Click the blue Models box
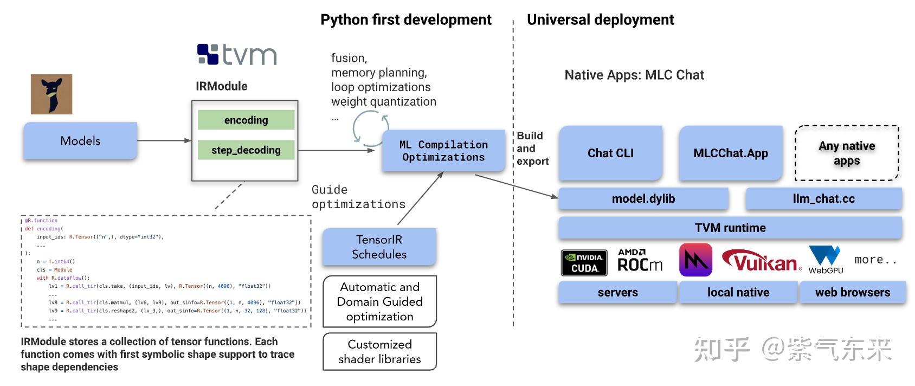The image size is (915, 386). click(x=80, y=141)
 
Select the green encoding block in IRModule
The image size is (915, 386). click(x=246, y=120)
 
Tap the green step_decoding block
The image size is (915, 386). click(x=246, y=150)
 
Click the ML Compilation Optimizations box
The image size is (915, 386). click(x=443, y=151)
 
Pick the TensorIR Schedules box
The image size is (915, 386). click(x=379, y=247)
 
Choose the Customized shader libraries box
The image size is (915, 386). click(x=379, y=352)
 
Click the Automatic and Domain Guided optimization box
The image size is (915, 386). click(x=379, y=301)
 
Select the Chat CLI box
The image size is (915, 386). click(x=610, y=153)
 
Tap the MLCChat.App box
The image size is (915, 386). click(x=731, y=153)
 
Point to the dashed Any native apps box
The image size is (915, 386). click(x=847, y=153)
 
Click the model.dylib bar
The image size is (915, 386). click(x=643, y=199)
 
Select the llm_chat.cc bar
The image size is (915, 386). click(x=823, y=199)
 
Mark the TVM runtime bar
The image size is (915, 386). click(x=730, y=228)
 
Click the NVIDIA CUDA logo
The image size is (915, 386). click(x=584, y=263)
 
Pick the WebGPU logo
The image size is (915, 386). click(x=825, y=260)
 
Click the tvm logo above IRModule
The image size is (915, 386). click(x=237, y=55)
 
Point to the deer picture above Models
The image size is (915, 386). click(x=51, y=94)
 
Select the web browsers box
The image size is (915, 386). click(x=853, y=293)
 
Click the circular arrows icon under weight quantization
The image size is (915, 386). click(x=367, y=128)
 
